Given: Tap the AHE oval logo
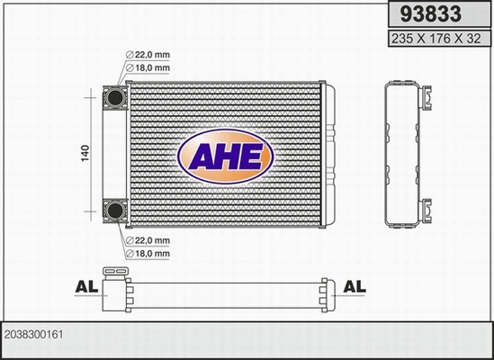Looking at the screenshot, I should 225,156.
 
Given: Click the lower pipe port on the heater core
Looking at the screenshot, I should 115,211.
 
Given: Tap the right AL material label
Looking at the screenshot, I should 355,287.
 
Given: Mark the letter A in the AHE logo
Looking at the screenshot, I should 199,157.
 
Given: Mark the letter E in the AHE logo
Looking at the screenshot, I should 252,157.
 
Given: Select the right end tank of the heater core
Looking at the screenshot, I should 328,154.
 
